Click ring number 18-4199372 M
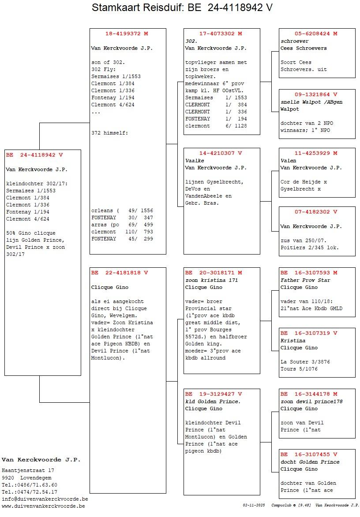(x=127, y=34)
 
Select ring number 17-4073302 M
(x=221, y=34)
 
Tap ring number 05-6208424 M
(x=316, y=34)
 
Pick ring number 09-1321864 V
(x=316, y=94)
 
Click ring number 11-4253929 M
(x=316, y=153)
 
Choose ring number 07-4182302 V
(x=316, y=212)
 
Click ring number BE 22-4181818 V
(x=120, y=273)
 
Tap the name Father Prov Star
(x=305, y=280)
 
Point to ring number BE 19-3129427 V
(x=214, y=394)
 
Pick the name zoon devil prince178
(x=311, y=401)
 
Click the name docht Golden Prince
(x=310, y=462)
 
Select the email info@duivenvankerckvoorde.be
(x=45, y=499)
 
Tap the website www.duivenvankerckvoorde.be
(x=43, y=506)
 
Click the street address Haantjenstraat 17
(x=28, y=470)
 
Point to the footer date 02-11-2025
(x=254, y=505)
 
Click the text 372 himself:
(x=109, y=133)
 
